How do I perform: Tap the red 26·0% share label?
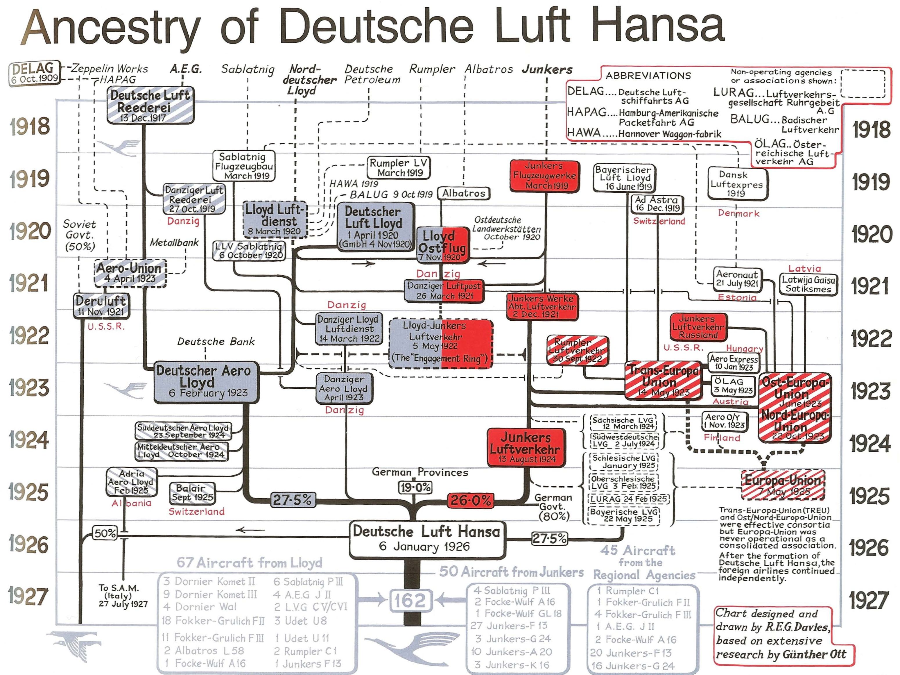pos(470,500)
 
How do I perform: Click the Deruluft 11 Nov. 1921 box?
pos(101,306)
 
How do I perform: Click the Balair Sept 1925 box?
pos(192,493)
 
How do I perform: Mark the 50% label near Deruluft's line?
pos(105,533)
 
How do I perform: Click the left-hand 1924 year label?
pos(28,440)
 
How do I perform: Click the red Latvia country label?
pos(804,268)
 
